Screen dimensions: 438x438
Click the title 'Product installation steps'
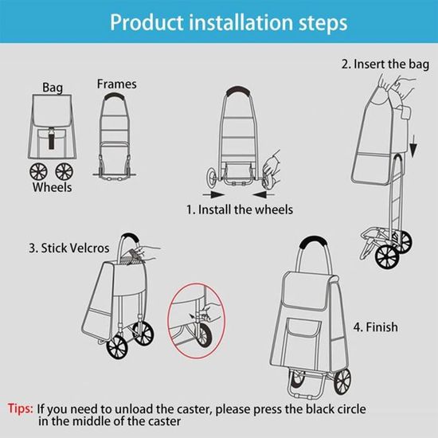tap(229, 22)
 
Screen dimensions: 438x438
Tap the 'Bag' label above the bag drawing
tap(53, 87)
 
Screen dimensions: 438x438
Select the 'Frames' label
tap(117, 84)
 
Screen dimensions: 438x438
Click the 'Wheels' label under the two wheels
tap(52, 187)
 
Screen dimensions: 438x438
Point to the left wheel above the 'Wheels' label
tap(38, 171)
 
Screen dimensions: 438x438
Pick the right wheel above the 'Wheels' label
tap(65, 171)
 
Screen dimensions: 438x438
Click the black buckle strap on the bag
tap(52, 139)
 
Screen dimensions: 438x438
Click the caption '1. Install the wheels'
tap(240, 209)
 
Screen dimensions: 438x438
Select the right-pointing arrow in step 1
tap(213, 194)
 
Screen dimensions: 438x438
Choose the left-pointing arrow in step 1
tap(263, 194)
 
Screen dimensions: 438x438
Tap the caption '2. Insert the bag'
tap(385, 65)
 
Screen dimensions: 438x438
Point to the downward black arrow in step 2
tap(413, 147)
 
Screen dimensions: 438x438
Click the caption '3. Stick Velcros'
tap(69, 248)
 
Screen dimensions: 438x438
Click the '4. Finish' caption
tap(375, 327)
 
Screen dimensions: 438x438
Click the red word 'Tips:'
tap(21, 409)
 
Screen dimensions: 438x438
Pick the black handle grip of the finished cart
tap(315, 242)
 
